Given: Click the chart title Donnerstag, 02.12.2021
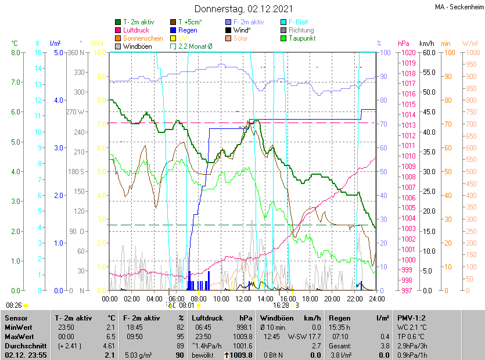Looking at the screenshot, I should [243, 9].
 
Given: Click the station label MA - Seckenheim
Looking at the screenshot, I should [458, 7].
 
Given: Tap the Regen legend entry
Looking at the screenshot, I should [188, 30].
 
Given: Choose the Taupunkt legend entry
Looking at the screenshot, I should [301, 38].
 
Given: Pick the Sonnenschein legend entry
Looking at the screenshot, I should [143, 38].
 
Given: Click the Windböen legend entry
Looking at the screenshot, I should [137, 46].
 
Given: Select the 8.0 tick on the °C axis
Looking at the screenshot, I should [15, 52].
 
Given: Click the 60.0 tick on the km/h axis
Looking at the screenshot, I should [427, 52].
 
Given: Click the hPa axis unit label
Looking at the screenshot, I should [404, 44].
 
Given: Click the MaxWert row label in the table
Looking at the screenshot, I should [20, 336].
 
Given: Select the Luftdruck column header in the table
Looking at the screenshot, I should [207, 318].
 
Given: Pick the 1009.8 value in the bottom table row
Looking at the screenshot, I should [242, 355].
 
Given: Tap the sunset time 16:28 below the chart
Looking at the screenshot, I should [281, 304].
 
